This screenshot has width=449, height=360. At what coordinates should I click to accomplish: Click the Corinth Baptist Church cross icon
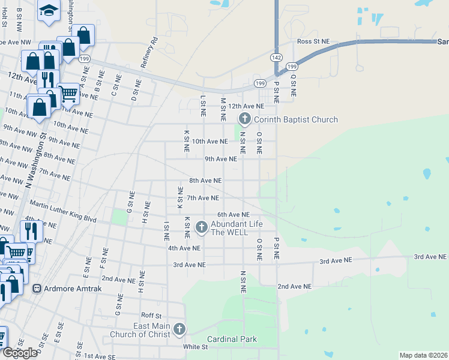(244, 119)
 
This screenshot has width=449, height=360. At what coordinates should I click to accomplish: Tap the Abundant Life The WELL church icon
(201, 227)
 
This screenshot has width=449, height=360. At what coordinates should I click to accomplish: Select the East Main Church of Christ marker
(179, 329)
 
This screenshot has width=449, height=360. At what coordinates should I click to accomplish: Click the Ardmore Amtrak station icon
(37, 288)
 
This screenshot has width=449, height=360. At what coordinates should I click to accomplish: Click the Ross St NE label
(314, 41)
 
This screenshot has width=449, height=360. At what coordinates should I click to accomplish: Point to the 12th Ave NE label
(246, 106)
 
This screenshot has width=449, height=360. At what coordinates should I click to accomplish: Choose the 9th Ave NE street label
(221, 159)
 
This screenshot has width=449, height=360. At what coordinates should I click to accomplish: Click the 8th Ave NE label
(205, 180)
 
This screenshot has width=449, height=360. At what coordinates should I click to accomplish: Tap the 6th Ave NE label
(233, 214)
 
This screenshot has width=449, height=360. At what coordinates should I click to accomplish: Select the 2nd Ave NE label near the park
(295, 287)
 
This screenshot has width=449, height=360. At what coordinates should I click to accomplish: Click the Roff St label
(151, 315)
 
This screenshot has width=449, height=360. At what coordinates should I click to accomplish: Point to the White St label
(196, 347)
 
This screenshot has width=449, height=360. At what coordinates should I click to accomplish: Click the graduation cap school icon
(47, 10)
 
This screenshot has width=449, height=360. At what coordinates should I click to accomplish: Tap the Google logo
(20, 353)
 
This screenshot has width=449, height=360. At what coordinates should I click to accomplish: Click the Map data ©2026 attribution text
(423, 355)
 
